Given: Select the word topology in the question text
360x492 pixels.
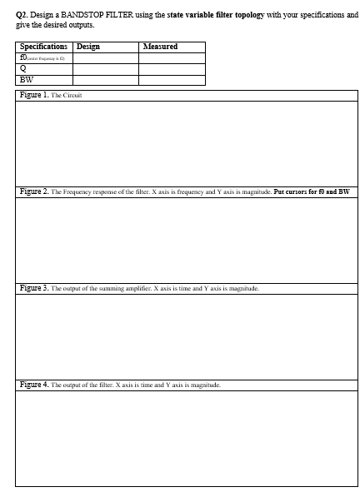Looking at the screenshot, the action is [x=247, y=16].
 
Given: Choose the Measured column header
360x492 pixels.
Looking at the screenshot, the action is [x=161, y=47].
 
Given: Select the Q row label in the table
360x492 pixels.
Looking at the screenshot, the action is [x=22, y=68].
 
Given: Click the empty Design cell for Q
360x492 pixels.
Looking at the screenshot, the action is [x=105, y=68].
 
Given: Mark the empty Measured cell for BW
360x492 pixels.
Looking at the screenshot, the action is [x=172, y=79].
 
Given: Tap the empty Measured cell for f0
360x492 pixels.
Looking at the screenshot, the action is [x=172, y=57].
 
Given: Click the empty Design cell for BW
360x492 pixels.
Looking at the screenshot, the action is [x=105, y=79].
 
